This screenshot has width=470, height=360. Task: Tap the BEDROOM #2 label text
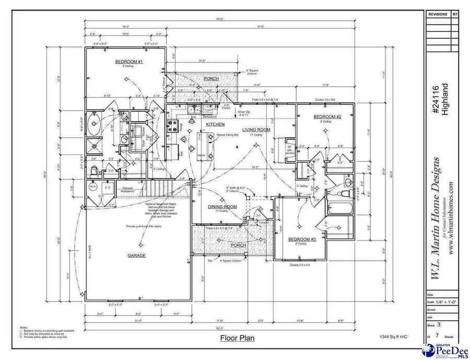coord(327,117)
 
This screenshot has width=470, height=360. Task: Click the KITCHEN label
coord(215,125)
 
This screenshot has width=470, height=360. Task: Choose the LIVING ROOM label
coord(256,129)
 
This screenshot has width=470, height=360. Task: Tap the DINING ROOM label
coord(222,207)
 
